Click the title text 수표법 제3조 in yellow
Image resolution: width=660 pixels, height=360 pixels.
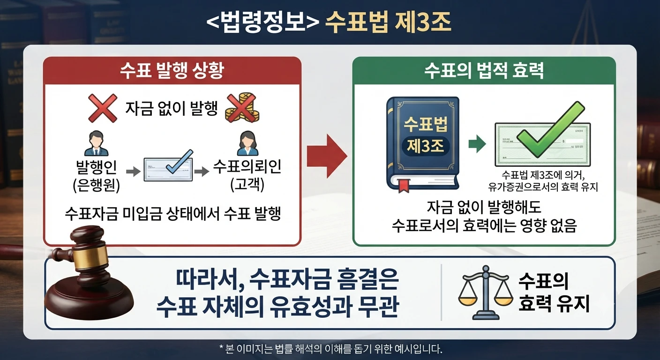coord(388,22)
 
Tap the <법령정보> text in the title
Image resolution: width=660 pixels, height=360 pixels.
coord(263,22)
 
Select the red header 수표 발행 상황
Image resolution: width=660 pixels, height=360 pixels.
coord(172,70)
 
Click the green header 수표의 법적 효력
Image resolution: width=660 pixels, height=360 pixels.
coord(484,70)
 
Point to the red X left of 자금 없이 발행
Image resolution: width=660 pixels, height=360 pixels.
coord(103,108)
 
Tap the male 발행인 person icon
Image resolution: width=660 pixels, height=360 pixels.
coord(97,143)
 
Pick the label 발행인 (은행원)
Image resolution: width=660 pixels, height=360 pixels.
coord(97,176)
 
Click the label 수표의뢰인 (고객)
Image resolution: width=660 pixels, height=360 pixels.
coord(247,176)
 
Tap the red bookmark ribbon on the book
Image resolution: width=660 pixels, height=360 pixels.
coord(404,186)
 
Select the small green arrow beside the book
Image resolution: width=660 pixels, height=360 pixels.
coord(477,144)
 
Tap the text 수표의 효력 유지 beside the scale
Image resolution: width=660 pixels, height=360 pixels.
coord(553,292)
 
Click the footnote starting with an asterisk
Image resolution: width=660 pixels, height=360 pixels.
coord(330,349)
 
